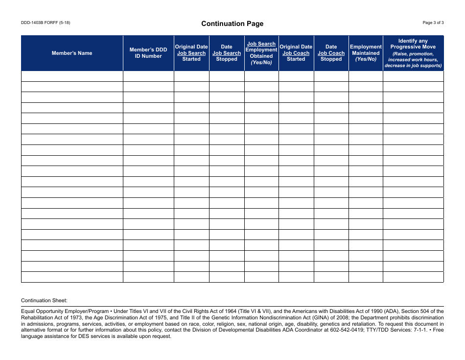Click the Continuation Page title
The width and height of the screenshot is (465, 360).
click(x=232, y=24)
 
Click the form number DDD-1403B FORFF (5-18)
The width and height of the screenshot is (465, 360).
click(x=46, y=23)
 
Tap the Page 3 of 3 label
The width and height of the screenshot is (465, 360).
click(x=433, y=23)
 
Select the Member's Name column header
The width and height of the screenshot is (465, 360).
click(x=72, y=53)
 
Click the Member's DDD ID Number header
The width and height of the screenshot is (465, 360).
click(x=148, y=53)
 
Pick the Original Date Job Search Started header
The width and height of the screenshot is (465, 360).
click(x=191, y=53)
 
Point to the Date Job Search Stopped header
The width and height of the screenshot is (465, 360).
click(x=227, y=53)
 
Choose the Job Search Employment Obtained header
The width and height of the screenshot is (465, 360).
click(x=261, y=53)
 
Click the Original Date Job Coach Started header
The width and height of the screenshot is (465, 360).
click(x=296, y=53)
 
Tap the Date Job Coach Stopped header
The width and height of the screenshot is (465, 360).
click(x=331, y=53)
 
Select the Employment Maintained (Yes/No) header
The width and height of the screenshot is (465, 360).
click(x=366, y=53)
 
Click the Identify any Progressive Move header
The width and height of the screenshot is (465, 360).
click(x=413, y=53)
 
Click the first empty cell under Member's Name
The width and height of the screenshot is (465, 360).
click(x=72, y=76)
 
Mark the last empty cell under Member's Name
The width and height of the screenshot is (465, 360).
click(x=72, y=277)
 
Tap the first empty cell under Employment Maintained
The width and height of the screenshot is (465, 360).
click(x=366, y=76)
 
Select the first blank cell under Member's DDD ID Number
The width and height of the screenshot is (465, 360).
click(x=148, y=76)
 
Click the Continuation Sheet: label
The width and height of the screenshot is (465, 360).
click(x=44, y=300)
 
